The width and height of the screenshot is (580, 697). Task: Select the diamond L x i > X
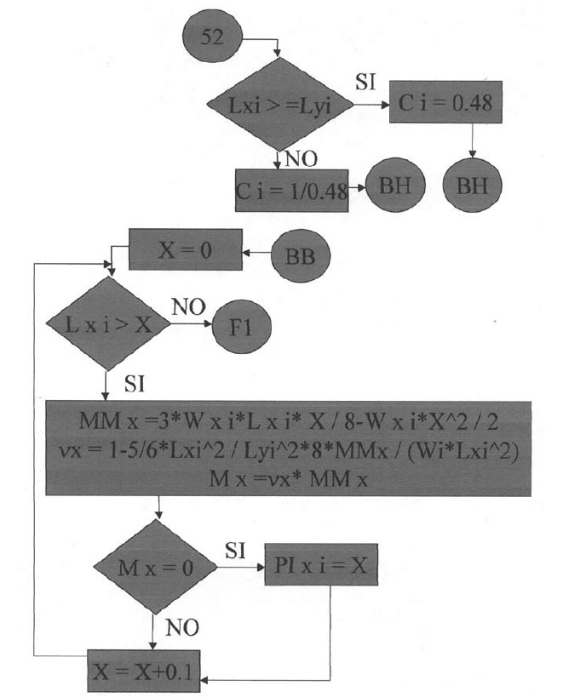pos(105,323)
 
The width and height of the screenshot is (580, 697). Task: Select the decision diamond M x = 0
pos(154,568)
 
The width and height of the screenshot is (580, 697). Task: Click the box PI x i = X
pos(320,567)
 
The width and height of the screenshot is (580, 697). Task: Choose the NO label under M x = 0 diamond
pos(182,627)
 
